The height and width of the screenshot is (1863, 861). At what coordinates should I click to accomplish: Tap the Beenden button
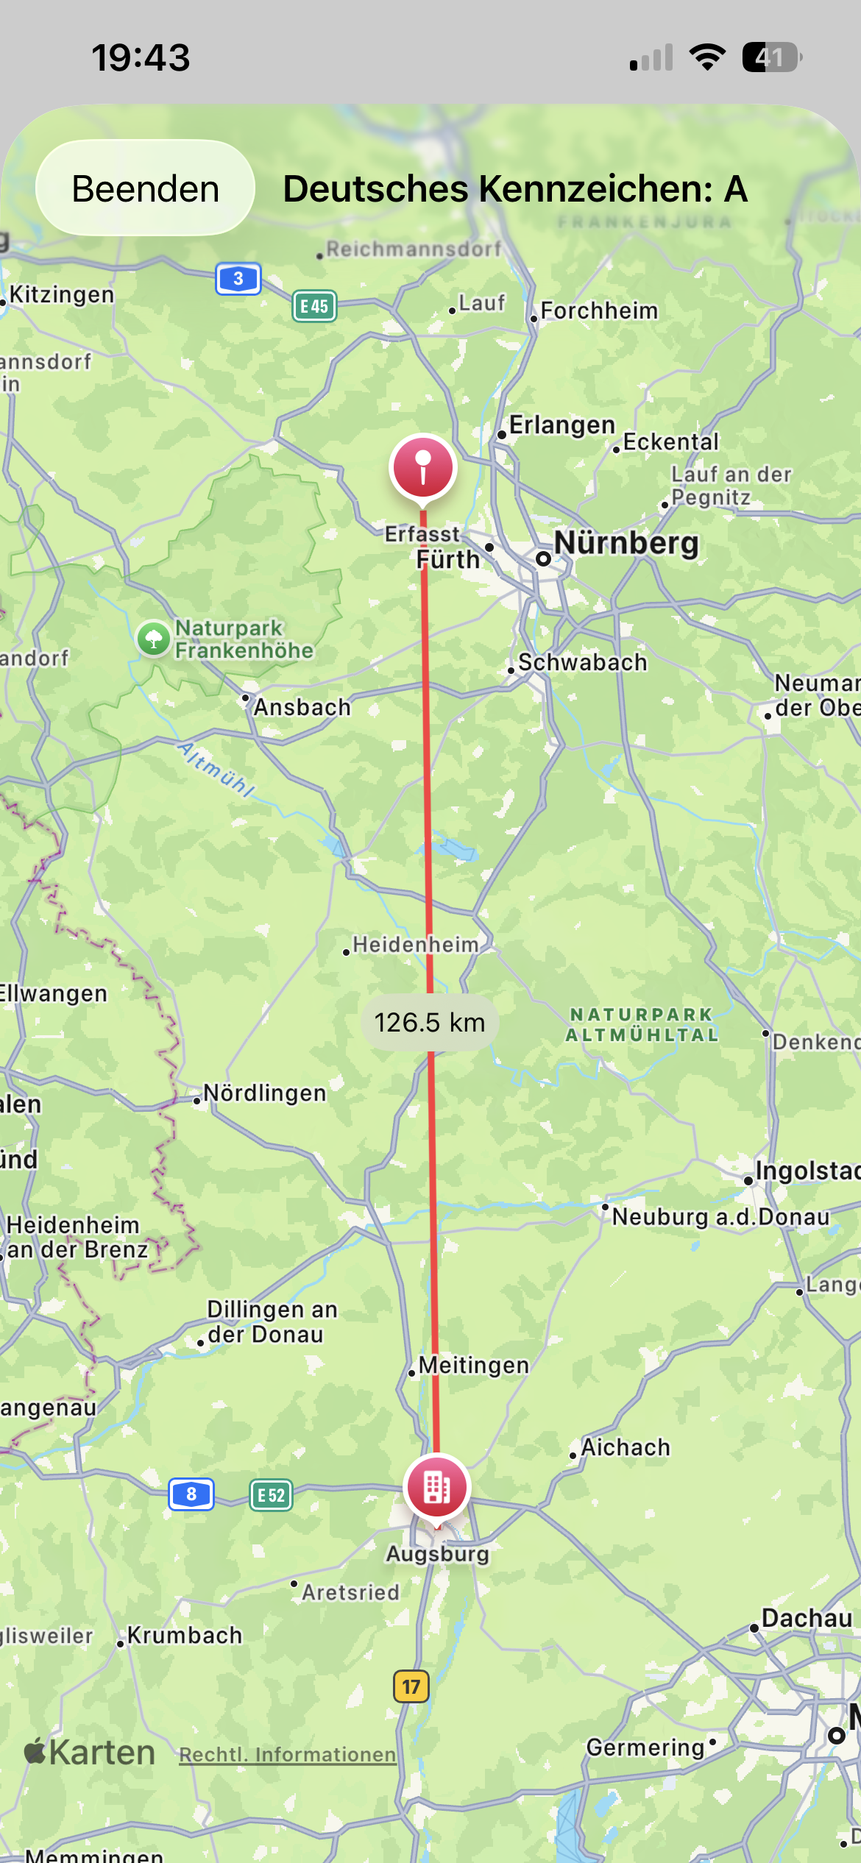click(145, 188)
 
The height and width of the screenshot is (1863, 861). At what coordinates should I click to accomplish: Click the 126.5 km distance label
click(429, 1022)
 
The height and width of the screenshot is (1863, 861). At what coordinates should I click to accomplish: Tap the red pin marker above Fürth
click(423, 467)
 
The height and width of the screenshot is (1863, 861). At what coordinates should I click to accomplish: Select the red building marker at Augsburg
click(436, 1487)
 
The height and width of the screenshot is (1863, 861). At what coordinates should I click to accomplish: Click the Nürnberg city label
click(626, 543)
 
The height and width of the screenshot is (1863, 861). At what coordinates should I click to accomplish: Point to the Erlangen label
click(561, 425)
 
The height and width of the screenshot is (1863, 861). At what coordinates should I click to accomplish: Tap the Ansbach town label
click(302, 707)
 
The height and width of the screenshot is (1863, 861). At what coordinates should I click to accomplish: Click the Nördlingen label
click(264, 1093)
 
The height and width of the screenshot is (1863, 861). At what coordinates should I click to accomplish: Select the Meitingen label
click(473, 1365)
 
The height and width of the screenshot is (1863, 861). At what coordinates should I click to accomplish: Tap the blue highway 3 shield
click(238, 279)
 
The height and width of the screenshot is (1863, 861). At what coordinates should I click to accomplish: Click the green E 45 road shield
click(314, 306)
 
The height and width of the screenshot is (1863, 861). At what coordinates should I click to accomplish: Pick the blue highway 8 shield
click(191, 1494)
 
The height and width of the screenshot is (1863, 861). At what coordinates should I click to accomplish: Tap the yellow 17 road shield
click(411, 1686)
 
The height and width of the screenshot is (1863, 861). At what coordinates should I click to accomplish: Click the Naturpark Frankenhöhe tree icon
click(154, 638)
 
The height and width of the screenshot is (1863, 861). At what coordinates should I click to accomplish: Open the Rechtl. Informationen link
click(288, 1754)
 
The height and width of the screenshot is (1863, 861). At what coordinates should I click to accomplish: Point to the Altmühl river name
click(216, 770)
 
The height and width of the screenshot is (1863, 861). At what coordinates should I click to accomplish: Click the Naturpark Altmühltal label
click(642, 1024)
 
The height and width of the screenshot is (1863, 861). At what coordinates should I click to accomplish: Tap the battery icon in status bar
click(770, 57)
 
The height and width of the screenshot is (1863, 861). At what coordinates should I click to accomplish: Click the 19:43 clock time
click(141, 57)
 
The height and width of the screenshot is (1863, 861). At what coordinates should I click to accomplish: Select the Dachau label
click(807, 1618)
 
